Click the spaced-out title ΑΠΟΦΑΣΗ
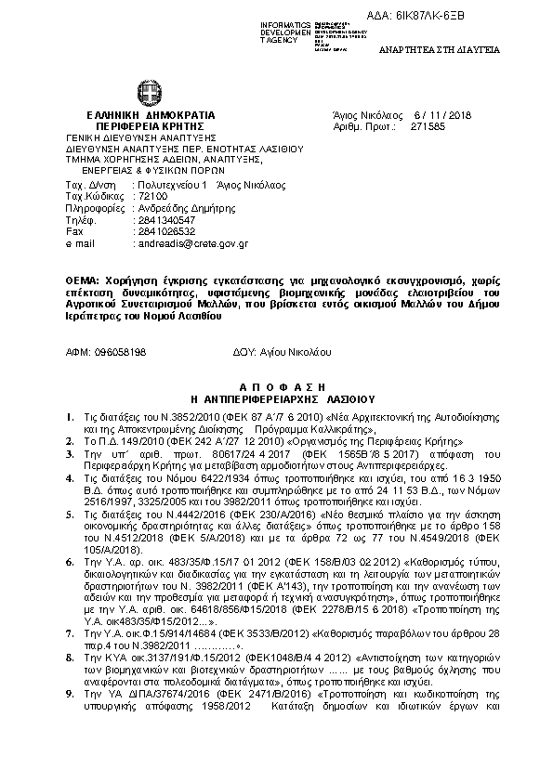tap(277, 385)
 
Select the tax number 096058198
tap(117, 352)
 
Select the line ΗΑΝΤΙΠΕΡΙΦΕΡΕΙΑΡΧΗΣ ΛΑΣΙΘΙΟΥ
tap(277, 397)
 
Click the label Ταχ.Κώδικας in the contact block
tap(89, 198)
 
